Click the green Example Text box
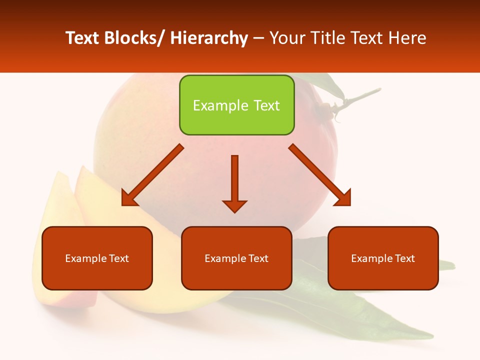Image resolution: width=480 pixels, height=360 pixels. coord(236,105)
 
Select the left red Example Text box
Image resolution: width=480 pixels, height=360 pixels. coord(97,258)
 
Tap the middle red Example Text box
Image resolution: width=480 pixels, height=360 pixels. coord(236,258)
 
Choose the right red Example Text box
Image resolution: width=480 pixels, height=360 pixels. coord(383,258)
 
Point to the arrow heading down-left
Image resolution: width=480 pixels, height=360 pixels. coord(152,175)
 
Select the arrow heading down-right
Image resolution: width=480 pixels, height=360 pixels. coord(320,175)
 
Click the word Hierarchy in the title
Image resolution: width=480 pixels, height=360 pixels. coord(208,38)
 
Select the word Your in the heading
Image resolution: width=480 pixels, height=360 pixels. coord(286,38)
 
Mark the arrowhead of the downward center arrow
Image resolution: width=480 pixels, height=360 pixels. coord(235,205)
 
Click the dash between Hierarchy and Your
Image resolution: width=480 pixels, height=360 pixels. coord(258,38)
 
